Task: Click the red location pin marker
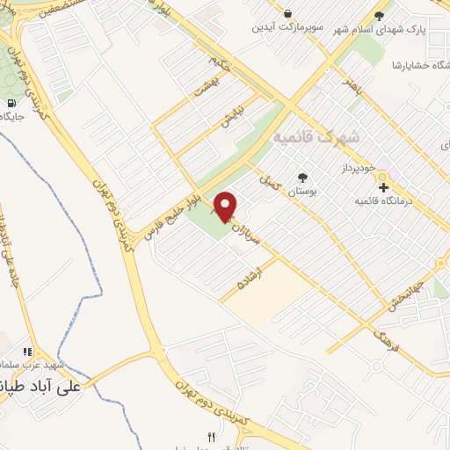pyautogui.click(x=226, y=206)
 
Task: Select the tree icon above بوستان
pyautogui.click(x=302, y=176)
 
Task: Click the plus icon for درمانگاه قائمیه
pyautogui.click(x=383, y=187)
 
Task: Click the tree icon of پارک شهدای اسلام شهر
pyautogui.click(x=380, y=16)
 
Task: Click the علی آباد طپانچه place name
pyautogui.click(x=40, y=384)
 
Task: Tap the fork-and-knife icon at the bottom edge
pyautogui.click(x=210, y=437)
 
